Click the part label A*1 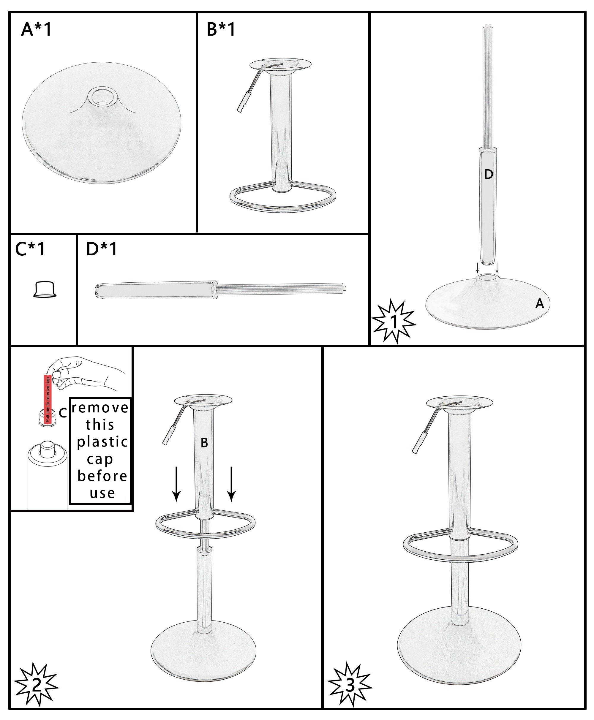tap(36, 29)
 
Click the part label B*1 tap(221, 29)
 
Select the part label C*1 tap(30, 249)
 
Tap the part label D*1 tap(102, 249)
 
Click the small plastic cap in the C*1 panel tap(45, 289)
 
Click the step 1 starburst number tap(394, 322)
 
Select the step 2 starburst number tap(36, 684)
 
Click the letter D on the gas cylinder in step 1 tap(489, 175)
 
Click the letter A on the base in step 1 tap(540, 303)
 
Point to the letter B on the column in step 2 tap(204, 443)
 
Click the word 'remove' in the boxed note tap(100, 408)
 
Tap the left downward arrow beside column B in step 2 tap(176, 484)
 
